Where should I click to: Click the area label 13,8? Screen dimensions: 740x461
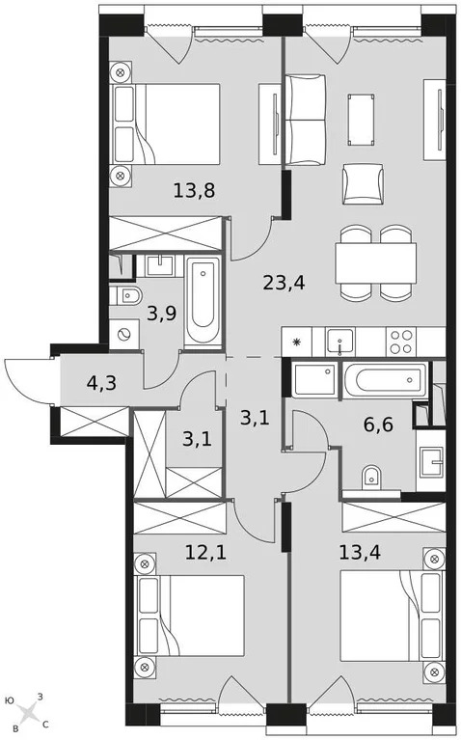pyautogui.click(x=194, y=190)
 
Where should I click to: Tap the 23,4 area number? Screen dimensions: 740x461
pyautogui.click(x=282, y=283)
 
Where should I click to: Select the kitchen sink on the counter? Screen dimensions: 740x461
pyautogui.click(x=340, y=341)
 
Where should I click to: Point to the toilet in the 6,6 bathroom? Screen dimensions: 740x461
pyautogui.click(x=372, y=478)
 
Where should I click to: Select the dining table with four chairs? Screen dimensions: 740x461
pyautogui.click(x=375, y=261)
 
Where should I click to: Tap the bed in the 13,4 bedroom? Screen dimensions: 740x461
pyautogui.click(x=385, y=617)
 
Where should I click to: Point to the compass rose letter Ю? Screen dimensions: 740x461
pyautogui.click(x=9, y=700)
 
